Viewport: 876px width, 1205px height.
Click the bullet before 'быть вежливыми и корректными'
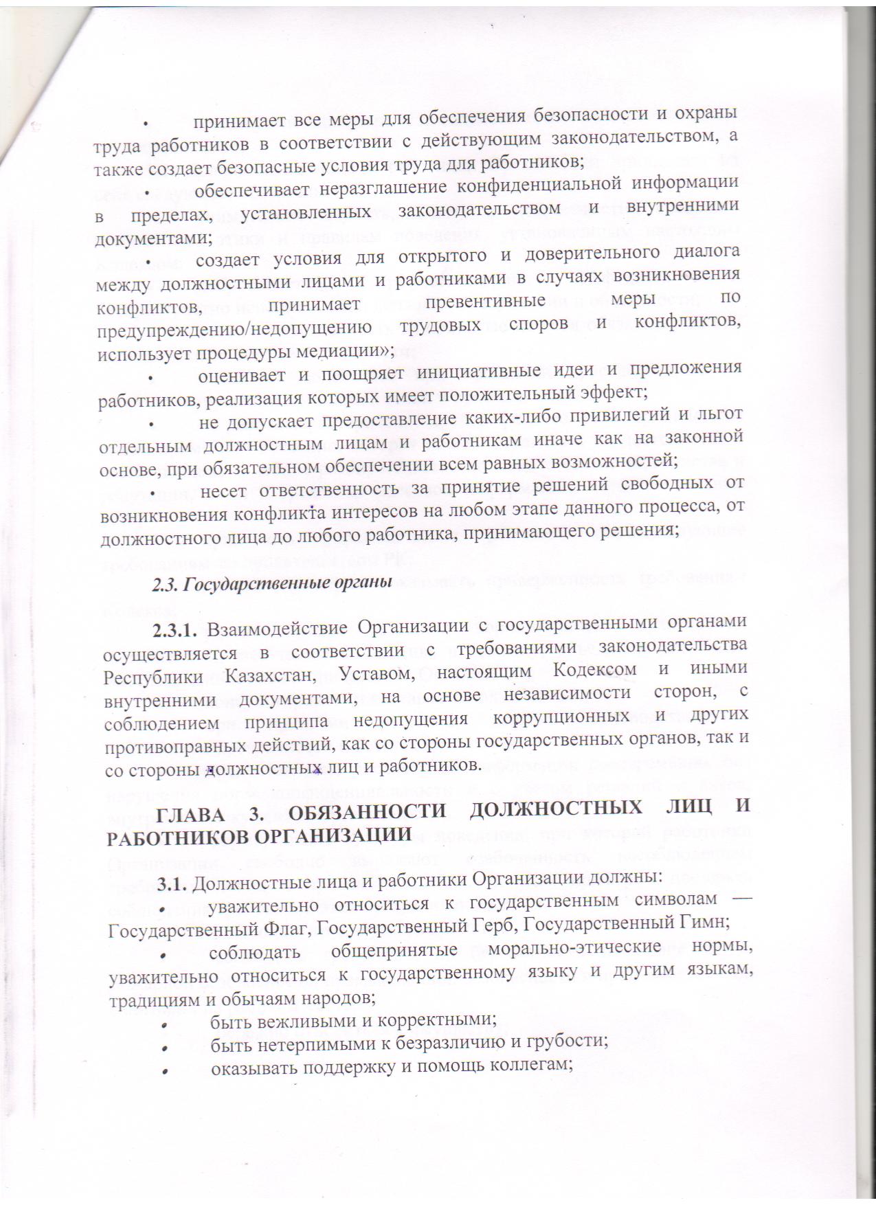pos(165,1021)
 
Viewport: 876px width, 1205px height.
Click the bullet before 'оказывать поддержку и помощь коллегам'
pos(165,1066)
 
